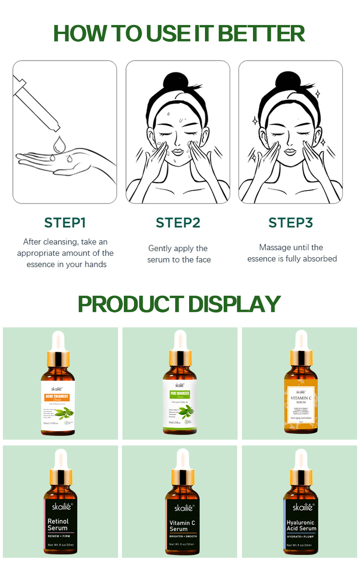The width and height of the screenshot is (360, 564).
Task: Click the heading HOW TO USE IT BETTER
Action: (179, 34)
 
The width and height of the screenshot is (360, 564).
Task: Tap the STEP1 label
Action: (65, 223)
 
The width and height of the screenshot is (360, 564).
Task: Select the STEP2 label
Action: (178, 223)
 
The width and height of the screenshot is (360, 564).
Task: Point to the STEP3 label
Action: (291, 223)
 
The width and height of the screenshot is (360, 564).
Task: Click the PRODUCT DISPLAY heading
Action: (179, 304)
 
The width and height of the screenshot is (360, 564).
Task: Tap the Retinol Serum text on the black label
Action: (58, 524)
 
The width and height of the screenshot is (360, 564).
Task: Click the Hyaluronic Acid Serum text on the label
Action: (301, 525)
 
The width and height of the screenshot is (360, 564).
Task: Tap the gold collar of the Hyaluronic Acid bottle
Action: (301, 477)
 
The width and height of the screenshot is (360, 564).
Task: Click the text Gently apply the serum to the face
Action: (179, 254)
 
